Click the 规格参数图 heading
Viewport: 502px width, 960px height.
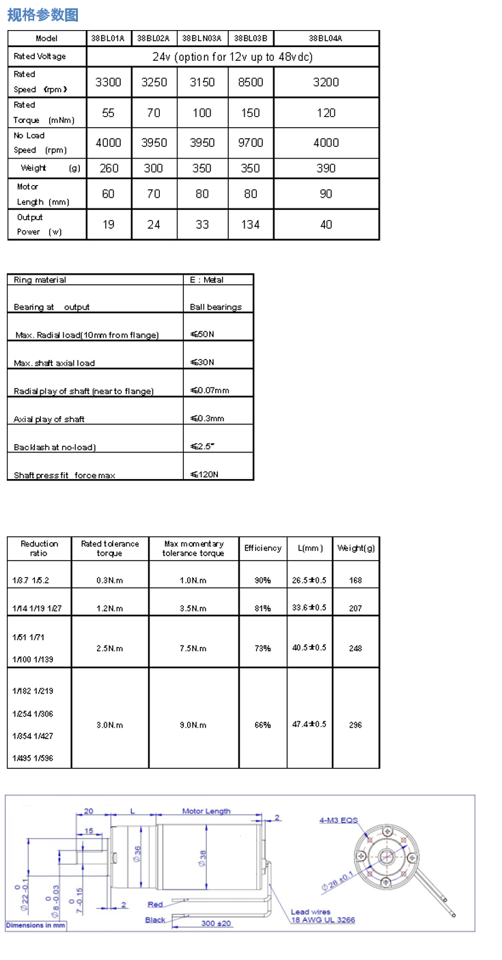click(43, 14)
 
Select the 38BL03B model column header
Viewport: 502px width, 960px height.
click(251, 39)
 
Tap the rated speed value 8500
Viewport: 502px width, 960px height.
click(251, 83)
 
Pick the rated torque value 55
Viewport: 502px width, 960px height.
click(109, 113)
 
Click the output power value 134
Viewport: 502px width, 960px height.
click(251, 224)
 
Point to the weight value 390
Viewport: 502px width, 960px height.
click(326, 168)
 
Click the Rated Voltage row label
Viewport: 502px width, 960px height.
click(40, 57)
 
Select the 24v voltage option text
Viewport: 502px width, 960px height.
click(232, 57)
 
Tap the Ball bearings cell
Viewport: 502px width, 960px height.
click(216, 307)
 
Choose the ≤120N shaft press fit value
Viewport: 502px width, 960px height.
click(205, 474)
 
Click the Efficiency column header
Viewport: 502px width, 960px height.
click(263, 548)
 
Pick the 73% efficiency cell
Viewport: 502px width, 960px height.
click(263, 648)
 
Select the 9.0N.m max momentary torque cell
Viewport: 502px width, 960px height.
click(193, 725)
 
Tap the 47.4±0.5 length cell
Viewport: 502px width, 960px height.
click(309, 724)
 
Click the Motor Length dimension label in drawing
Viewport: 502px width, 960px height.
click(206, 811)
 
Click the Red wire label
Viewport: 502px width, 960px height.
click(156, 904)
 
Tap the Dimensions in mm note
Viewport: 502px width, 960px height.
click(36, 925)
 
